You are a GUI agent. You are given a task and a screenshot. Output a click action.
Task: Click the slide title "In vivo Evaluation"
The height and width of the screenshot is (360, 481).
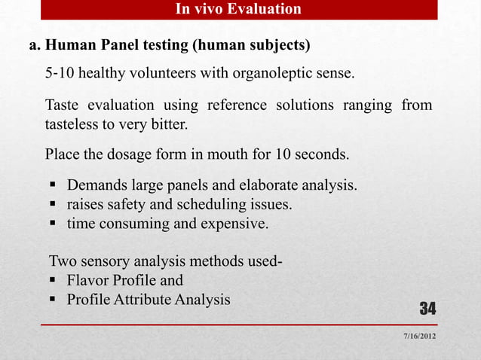point(237,9)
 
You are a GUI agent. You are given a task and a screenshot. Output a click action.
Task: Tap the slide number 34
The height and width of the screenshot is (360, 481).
point(427,309)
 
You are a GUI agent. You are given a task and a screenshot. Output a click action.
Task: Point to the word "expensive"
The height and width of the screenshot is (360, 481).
point(234,224)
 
